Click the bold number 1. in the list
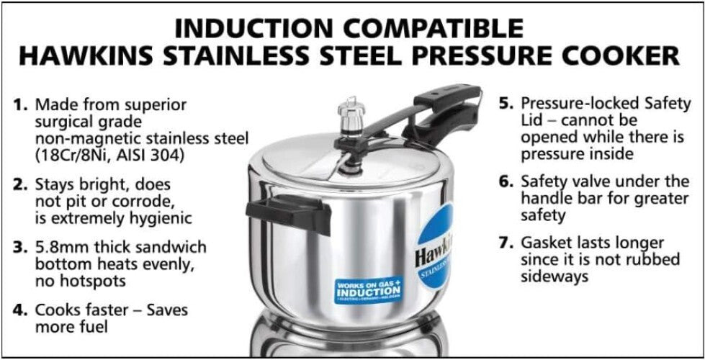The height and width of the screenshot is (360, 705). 21,105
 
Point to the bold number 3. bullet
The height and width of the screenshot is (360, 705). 21,248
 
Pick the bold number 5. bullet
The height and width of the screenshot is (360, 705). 506,104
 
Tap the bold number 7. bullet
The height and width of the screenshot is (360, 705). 506,243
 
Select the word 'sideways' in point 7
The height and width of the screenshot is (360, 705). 554,276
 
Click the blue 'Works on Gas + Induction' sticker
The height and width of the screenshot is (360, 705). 368,291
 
